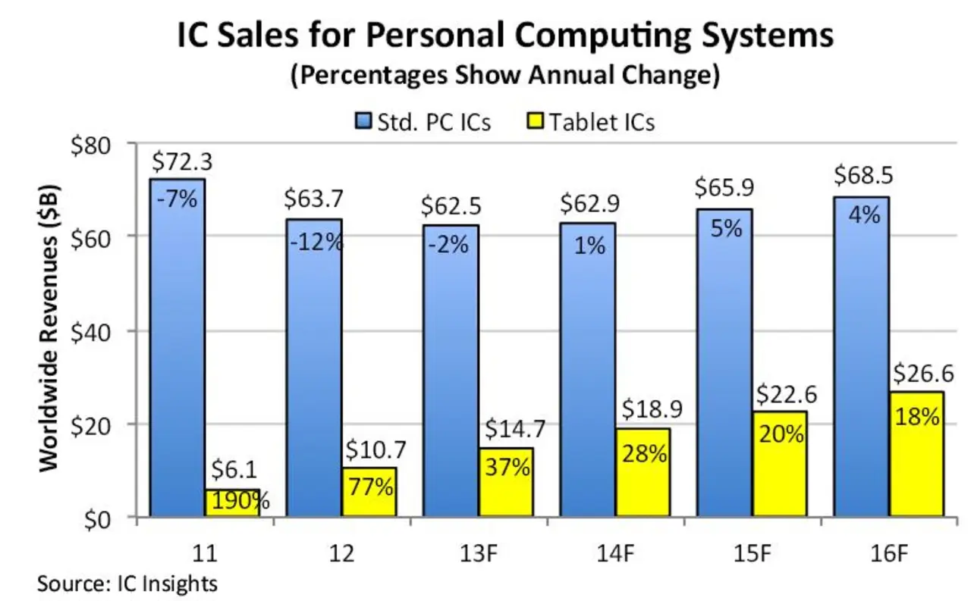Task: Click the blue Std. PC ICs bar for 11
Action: point(177,356)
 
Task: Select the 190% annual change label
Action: point(237,501)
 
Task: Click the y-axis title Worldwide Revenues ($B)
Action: point(50,330)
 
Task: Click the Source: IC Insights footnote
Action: point(127,584)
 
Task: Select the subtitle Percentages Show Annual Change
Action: point(504,76)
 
